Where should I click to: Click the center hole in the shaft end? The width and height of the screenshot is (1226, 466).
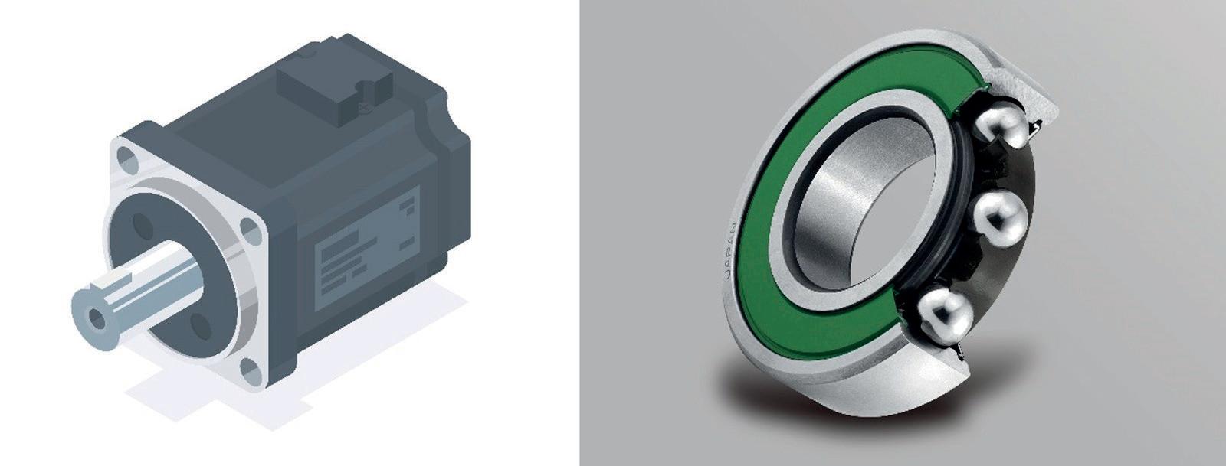pyautogui.click(x=97, y=319)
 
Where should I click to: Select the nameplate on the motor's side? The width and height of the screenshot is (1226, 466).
pyautogui.click(x=368, y=248)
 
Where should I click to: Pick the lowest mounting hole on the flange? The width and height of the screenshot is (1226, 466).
pyautogui.click(x=251, y=371)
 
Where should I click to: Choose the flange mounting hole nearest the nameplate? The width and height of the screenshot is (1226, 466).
pyautogui.click(x=251, y=231)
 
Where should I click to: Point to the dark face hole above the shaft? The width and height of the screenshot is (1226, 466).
pyautogui.click(x=143, y=226)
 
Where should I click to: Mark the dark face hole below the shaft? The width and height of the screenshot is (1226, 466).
pyautogui.click(x=201, y=326)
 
